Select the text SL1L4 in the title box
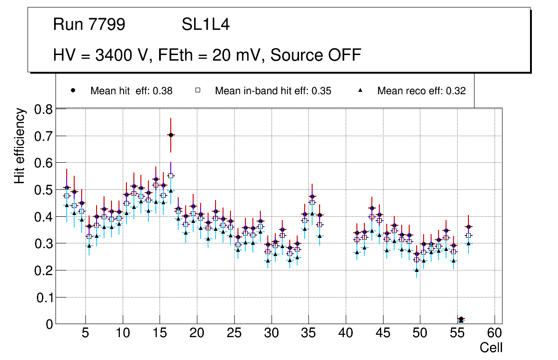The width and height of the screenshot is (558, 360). (x=205, y=25)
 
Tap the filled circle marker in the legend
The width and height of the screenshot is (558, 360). (x=73, y=90)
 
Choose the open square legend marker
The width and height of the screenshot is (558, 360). (x=197, y=90)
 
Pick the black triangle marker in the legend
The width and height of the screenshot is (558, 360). (x=361, y=90)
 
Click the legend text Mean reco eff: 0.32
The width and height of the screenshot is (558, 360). (x=421, y=91)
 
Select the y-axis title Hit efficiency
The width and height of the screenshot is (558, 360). (x=20, y=145)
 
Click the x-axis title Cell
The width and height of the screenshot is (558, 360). (x=491, y=348)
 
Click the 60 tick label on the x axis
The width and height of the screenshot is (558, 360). (x=495, y=333)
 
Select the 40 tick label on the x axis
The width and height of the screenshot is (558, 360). (x=346, y=333)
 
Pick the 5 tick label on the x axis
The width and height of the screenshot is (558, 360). (x=85, y=333)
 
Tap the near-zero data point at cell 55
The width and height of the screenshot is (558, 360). (x=461, y=319)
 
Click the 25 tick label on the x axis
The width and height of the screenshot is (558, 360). (x=234, y=333)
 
